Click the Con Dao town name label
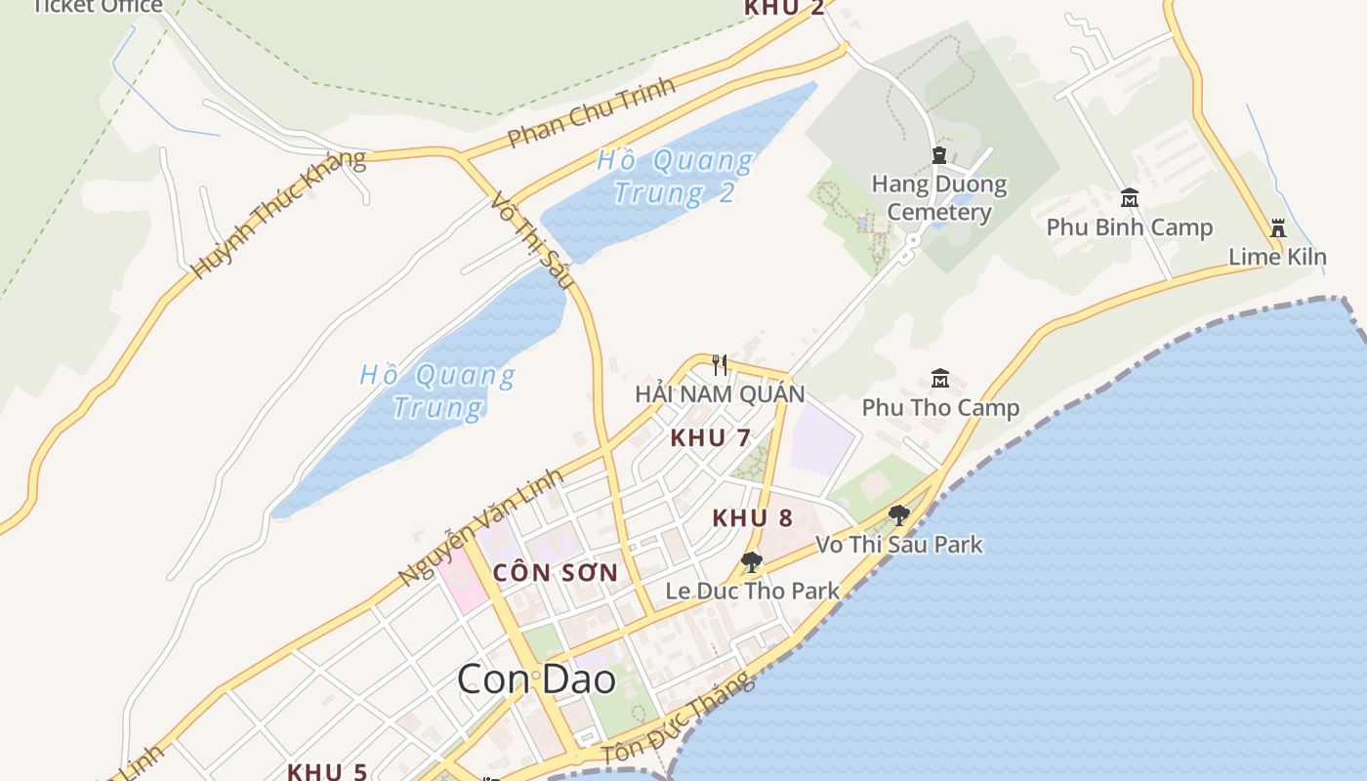pos(536,679)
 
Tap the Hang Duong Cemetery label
pos(938,197)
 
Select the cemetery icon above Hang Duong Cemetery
pos(939,155)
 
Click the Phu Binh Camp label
pos(1129,227)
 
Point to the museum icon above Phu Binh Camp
pos(1130,197)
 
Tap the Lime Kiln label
pos(1276,258)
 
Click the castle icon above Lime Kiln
pos(1277,228)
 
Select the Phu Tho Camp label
pos(939,407)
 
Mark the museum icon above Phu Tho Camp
pos(939,378)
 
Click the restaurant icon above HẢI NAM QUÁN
pos(720,365)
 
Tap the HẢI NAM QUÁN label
pos(720,394)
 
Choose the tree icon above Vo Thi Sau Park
pos(898,514)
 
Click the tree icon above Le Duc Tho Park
pos(751,562)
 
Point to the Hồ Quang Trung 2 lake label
pos(675,176)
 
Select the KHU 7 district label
pos(710,438)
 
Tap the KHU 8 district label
pos(752,518)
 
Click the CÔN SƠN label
pos(556,573)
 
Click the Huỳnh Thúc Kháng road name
pos(279,214)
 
